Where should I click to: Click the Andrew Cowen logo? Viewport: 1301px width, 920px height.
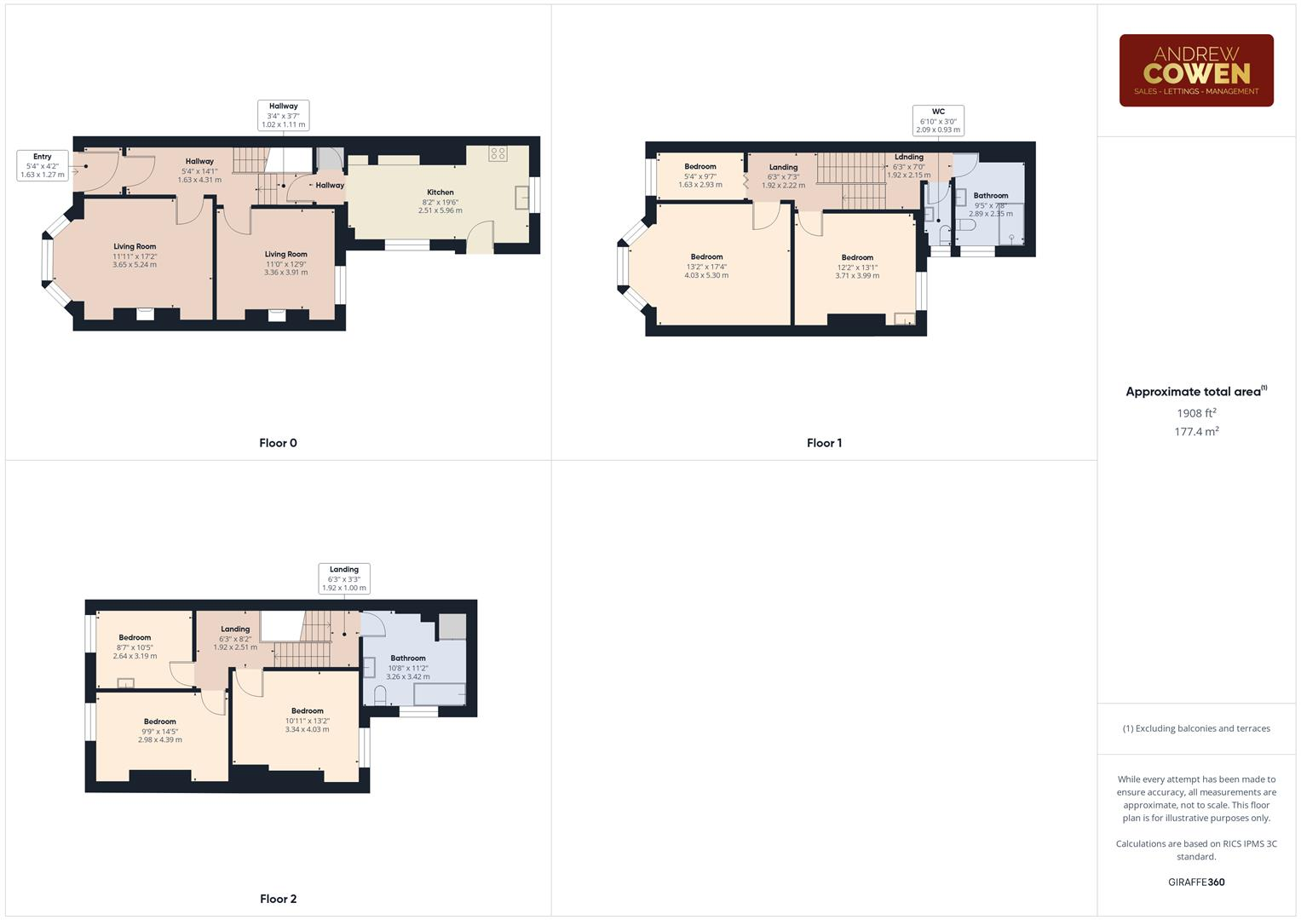(1195, 71)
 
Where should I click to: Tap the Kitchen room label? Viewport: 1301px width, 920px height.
(440, 193)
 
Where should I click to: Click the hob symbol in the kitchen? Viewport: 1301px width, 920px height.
(498, 153)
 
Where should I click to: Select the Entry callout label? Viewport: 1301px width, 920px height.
(43, 165)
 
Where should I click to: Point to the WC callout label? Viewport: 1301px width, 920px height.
(938, 120)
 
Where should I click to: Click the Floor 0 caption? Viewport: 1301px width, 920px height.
(278, 443)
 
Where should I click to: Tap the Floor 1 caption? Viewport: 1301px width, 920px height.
(824, 443)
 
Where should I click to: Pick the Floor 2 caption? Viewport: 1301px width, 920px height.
(278, 899)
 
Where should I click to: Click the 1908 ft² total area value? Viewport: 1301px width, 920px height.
(1196, 413)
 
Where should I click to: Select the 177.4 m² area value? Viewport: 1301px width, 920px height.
(1196, 432)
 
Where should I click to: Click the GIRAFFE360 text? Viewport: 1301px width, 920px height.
(1196, 883)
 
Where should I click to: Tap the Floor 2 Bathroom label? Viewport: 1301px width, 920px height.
(408, 658)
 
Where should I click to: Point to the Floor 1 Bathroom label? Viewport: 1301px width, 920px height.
(991, 195)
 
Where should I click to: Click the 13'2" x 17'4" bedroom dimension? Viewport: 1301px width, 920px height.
(706, 267)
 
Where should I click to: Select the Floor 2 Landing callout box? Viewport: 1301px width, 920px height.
(344, 578)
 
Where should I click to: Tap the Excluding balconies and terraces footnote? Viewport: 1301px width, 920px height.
(1196, 728)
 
